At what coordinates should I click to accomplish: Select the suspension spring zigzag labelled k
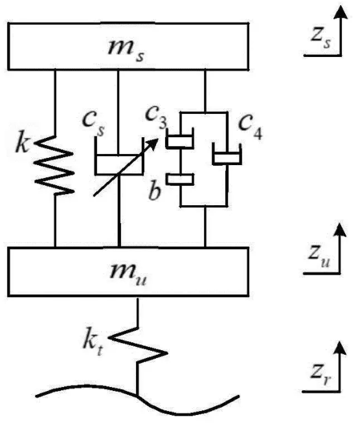pos(54,165)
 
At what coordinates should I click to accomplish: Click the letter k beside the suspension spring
pos(22,142)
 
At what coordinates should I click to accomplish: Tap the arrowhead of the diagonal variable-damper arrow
pos(153,144)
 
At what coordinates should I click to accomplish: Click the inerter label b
pos(155,191)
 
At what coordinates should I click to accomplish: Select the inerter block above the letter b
pos(180,179)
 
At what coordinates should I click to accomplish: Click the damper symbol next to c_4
pos(227,155)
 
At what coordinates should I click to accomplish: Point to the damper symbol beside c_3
pos(180,139)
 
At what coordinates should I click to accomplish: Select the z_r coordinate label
pos(321,375)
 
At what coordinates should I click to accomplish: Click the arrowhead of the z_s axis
pos(341,12)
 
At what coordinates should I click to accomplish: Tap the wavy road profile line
pos(137,396)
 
